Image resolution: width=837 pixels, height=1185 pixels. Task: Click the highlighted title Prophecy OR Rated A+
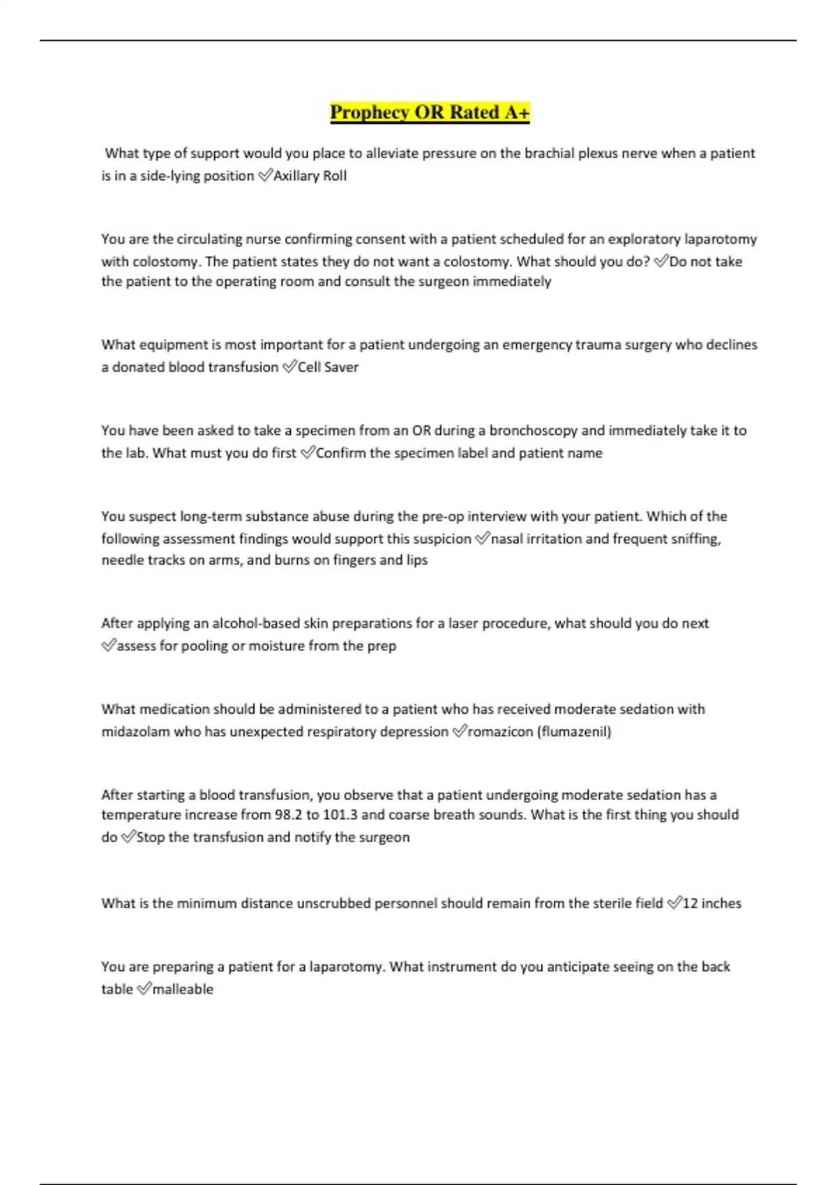coord(430,112)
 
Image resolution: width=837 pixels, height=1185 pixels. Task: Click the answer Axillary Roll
coord(310,176)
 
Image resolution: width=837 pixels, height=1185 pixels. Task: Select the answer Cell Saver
coord(328,367)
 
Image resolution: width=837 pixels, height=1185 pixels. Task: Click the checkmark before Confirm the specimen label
coord(308,453)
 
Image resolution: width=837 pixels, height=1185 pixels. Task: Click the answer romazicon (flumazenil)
coord(539,732)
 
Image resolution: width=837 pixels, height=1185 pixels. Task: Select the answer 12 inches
coord(712,903)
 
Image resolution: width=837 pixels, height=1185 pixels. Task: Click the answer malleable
coord(183,989)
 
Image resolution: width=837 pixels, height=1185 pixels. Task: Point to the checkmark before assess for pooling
coord(108,646)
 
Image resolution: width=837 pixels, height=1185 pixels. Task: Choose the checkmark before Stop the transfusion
coord(128,837)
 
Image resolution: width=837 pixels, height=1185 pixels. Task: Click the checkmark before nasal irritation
coord(482,539)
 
